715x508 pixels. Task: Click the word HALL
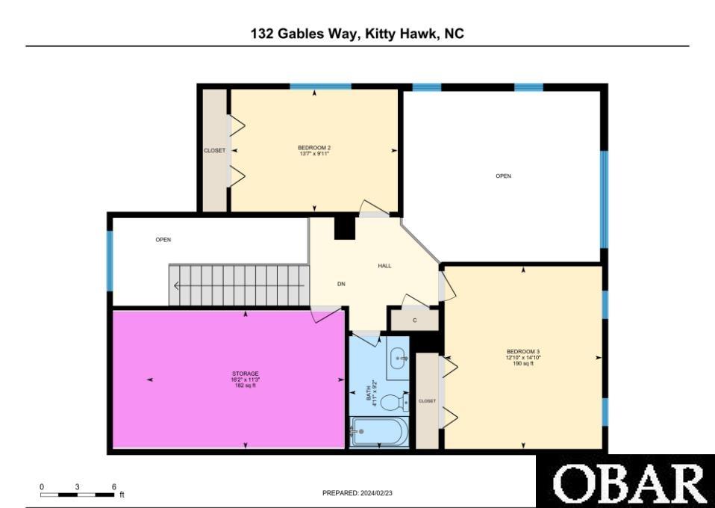[x=384, y=266]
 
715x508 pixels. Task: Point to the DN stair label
[x=341, y=284]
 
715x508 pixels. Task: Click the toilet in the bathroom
[x=394, y=403]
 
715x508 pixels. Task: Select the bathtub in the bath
[x=379, y=431]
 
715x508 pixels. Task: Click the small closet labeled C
[x=414, y=320]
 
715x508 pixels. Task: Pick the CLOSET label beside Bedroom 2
[x=214, y=150]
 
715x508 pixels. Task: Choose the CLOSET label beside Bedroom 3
[x=427, y=400]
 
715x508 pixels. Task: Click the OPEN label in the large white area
[x=504, y=176]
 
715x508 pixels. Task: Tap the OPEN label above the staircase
[x=163, y=240]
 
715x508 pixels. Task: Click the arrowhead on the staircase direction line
[x=176, y=285]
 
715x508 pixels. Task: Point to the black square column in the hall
[x=345, y=228]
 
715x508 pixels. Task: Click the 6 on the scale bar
[x=113, y=486]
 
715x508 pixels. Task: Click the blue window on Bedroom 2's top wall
[x=321, y=86]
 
